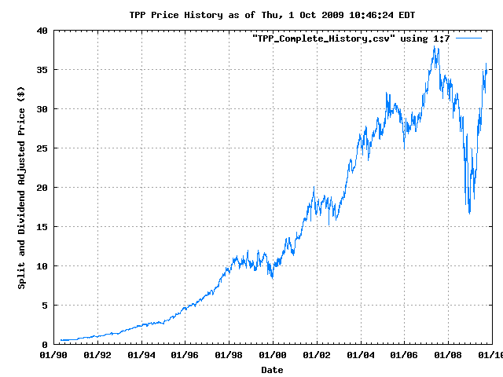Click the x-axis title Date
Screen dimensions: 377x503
coord(272,369)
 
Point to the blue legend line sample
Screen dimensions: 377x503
coord(468,38)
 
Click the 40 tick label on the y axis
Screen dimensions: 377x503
coord(41,31)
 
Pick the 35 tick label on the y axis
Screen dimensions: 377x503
coord(41,70)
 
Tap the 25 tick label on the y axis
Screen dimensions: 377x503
coord(41,148)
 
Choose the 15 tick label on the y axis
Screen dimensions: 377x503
coord(41,227)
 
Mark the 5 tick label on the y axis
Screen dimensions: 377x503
coord(44,306)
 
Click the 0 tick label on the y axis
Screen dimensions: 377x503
coord(44,345)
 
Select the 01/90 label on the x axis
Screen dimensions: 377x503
coord(53,356)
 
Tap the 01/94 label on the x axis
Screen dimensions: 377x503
coord(141,356)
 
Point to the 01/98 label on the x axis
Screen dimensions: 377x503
coord(229,356)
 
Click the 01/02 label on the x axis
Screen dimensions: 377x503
coord(316,356)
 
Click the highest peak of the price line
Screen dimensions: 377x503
coord(435,47)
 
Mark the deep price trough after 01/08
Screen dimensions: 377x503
coord(469,213)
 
